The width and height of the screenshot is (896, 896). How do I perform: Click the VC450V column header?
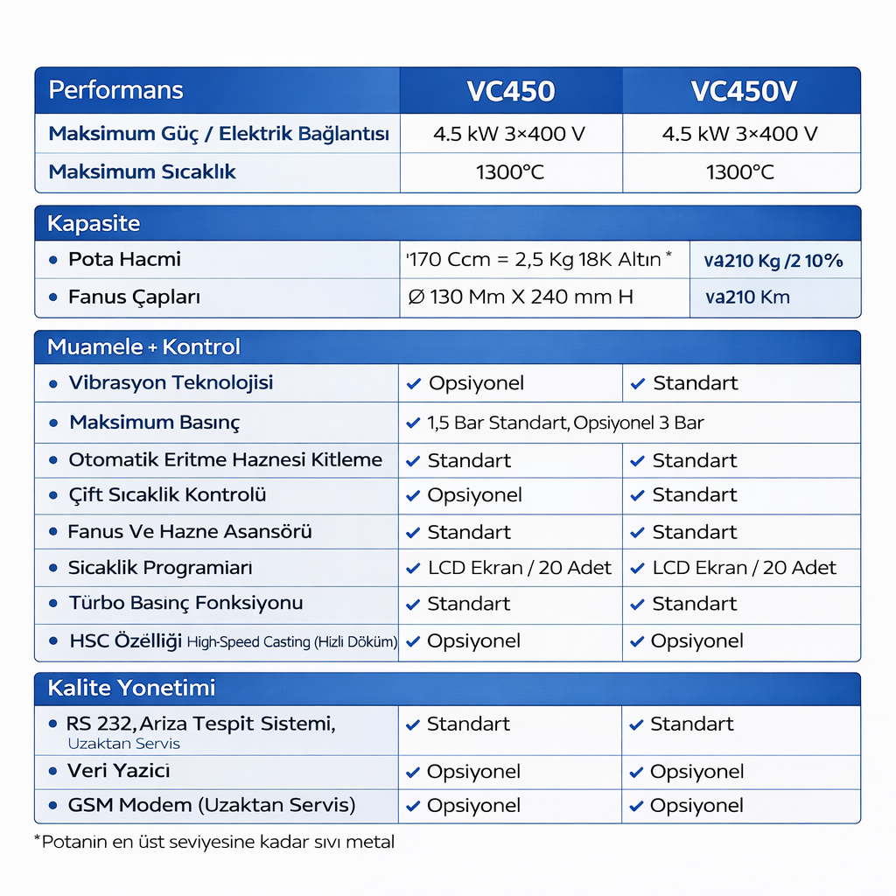743,91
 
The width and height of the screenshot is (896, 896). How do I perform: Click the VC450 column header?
510,91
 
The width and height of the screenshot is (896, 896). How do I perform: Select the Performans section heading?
115,90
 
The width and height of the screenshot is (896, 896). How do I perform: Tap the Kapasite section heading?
94,224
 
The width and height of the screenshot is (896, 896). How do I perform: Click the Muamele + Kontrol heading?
143,346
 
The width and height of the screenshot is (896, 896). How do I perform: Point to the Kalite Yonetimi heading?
131,689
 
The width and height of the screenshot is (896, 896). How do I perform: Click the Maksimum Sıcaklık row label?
143,171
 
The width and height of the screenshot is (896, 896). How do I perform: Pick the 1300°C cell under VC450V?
740,172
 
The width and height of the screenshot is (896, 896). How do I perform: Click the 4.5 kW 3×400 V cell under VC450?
509,134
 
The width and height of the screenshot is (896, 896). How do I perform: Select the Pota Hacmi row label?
124,259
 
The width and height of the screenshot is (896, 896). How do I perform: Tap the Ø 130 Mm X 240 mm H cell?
521,297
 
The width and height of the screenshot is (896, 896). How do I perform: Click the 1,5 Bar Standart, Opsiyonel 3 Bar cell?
564,423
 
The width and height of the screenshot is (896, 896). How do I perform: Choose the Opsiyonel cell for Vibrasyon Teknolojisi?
475,383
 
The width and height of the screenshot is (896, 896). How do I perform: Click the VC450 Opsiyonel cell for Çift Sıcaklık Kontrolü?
473,495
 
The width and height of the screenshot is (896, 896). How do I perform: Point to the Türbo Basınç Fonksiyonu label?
185,603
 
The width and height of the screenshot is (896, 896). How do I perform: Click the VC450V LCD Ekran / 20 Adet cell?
744,568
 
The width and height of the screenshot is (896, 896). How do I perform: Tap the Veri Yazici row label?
118,771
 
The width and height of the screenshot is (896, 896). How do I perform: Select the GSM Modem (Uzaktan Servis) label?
211,805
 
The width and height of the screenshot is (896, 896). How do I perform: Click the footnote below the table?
213,843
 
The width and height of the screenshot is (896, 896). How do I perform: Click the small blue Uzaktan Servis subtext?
123,744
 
